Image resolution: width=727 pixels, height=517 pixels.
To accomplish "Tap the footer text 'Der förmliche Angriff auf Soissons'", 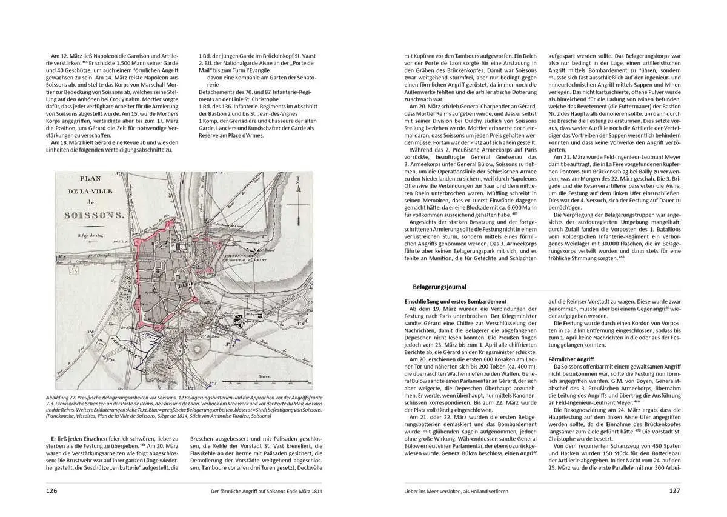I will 262,491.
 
